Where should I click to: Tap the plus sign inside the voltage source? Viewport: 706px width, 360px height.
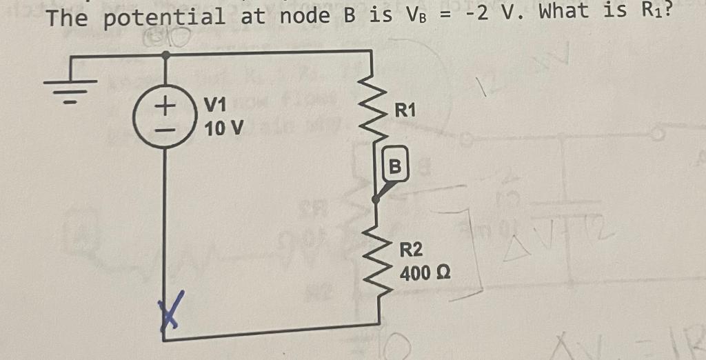point(164,107)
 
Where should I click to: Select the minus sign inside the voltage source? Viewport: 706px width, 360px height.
point(164,129)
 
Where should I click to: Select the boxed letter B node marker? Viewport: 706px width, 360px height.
point(394,166)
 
